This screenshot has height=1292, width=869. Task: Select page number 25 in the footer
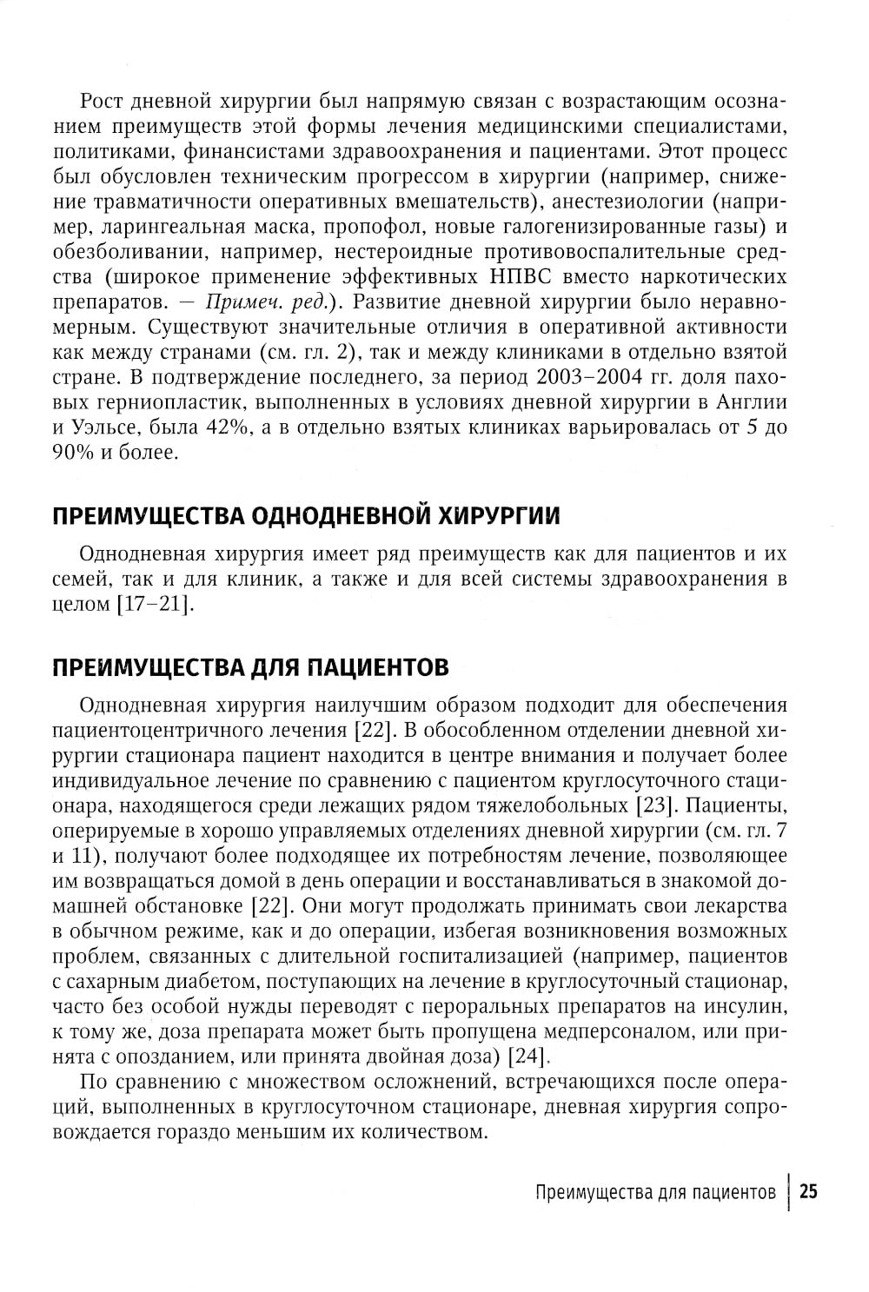808,1192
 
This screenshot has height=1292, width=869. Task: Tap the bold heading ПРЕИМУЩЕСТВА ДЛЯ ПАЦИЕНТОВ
250,667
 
